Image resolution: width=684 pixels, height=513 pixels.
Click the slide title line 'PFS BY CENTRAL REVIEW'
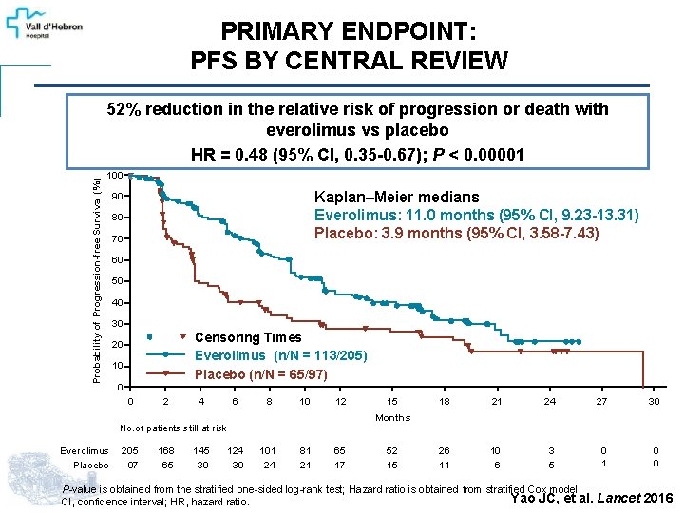point(349,62)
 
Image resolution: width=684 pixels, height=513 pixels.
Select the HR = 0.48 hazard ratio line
point(357,155)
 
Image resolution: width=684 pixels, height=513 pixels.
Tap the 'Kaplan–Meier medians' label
point(396,197)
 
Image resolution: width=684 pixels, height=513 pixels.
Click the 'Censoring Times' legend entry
point(247,337)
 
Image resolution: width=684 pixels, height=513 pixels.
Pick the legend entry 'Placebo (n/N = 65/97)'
point(260,374)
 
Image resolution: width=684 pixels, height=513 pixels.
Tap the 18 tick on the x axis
point(444,402)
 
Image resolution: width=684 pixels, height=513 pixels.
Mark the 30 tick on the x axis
point(653,402)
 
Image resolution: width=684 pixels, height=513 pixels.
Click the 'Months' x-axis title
point(392,417)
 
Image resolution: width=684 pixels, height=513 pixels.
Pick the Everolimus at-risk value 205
point(130,450)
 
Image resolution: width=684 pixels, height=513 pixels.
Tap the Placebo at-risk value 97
point(132,465)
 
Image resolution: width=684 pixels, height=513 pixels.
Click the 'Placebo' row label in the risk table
point(90,465)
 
